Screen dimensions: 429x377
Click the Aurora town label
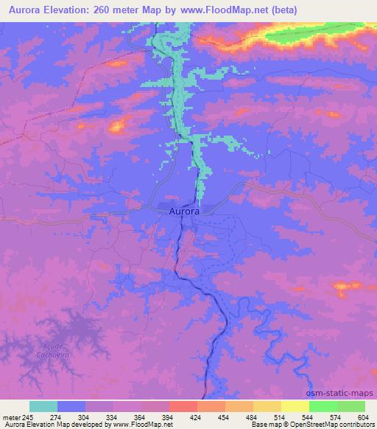(x=183, y=212)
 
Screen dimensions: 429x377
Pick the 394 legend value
(x=169, y=416)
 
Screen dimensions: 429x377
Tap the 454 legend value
(x=225, y=416)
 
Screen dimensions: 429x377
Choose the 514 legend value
(x=280, y=416)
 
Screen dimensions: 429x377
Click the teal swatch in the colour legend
(x=43, y=406)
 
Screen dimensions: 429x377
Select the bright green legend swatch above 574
(x=323, y=406)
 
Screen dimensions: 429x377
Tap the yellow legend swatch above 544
(x=295, y=406)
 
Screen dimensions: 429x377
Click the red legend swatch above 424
(x=183, y=406)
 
